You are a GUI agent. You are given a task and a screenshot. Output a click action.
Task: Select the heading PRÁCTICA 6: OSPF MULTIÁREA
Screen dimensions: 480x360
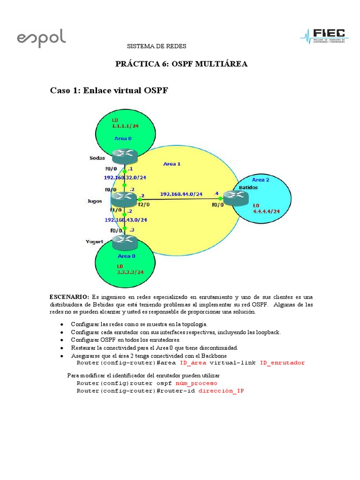(x=181, y=64)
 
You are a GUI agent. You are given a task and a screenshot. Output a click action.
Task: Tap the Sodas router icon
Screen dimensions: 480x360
(x=124, y=155)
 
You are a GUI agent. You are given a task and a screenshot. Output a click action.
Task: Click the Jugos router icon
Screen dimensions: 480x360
(x=124, y=199)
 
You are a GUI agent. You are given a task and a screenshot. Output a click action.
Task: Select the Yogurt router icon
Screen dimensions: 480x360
(x=125, y=242)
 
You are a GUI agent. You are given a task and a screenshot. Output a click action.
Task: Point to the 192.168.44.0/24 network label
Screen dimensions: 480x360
(x=181, y=194)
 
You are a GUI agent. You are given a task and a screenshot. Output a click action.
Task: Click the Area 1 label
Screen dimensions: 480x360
(x=172, y=164)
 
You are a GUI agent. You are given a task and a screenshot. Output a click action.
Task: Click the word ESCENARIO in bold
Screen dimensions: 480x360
(x=69, y=297)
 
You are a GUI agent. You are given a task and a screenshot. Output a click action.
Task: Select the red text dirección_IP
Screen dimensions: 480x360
(x=221, y=390)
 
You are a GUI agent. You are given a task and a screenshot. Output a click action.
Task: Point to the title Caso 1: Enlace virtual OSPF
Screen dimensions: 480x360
(x=109, y=90)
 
